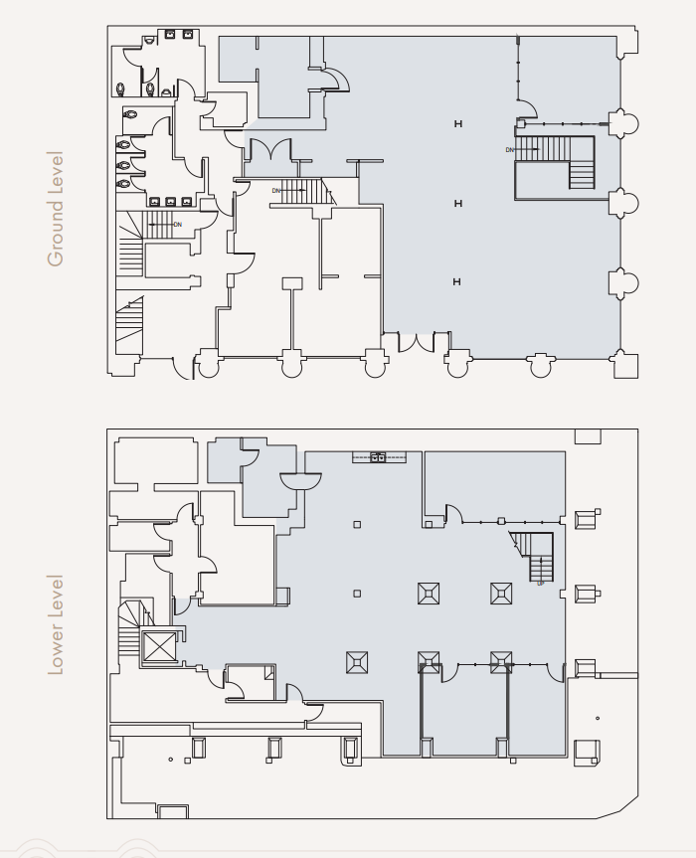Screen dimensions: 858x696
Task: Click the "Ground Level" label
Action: click(56, 209)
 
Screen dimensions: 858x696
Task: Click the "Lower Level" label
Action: click(56, 624)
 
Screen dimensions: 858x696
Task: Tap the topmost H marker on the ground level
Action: click(457, 123)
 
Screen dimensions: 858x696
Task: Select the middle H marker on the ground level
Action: click(457, 203)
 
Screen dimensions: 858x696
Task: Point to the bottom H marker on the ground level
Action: click(457, 282)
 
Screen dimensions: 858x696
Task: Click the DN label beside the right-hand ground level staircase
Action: click(509, 150)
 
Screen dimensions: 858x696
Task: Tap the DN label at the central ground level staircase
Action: click(276, 190)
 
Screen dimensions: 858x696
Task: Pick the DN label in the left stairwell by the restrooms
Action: click(177, 225)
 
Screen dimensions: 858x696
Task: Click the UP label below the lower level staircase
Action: click(541, 584)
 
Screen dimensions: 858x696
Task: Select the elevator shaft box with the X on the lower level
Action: click(157, 647)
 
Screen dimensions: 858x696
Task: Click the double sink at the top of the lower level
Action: click(378, 457)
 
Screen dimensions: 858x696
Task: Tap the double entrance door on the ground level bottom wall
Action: click(418, 343)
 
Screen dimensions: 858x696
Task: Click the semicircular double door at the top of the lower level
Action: click(301, 481)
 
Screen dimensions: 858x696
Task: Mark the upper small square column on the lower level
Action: click(357, 524)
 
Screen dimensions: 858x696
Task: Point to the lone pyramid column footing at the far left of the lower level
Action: click(357, 661)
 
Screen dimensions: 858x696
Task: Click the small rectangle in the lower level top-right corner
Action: click(588, 436)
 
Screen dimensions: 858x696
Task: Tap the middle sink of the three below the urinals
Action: click(171, 202)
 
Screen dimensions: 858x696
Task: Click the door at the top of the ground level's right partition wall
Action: click(529, 106)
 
